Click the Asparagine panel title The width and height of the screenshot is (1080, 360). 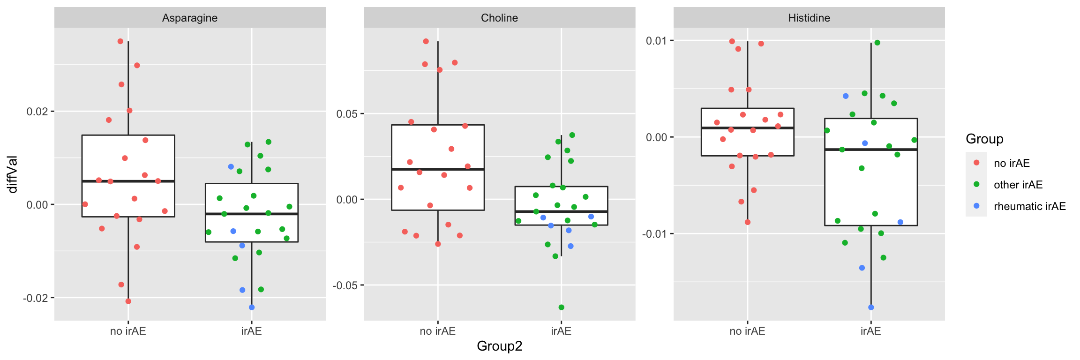[190, 18]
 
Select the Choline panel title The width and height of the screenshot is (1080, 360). [499, 18]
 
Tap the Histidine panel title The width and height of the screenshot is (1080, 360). [809, 18]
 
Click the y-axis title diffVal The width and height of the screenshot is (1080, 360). [13, 174]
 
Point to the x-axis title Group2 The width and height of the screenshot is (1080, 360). [499, 346]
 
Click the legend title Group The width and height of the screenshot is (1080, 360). [984, 139]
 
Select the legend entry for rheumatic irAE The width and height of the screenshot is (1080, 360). [1029, 206]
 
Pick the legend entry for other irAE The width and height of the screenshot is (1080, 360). [1018, 185]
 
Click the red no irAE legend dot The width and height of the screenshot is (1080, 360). [976, 163]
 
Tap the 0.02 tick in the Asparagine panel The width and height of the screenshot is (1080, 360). [37, 112]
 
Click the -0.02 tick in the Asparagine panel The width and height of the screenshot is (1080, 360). [36, 298]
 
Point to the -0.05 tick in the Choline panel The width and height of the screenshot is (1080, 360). [345, 285]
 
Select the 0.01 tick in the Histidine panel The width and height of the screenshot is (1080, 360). [656, 41]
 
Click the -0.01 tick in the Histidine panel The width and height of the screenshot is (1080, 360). [655, 234]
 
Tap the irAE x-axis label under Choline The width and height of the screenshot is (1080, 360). [561, 331]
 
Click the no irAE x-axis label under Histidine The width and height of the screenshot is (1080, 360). [747, 331]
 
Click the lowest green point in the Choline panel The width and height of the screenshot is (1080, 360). [561, 307]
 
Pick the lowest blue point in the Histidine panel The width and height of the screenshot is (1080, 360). [871, 307]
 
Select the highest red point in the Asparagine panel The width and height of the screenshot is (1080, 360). [120, 41]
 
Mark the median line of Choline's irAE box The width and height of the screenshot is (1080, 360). [561, 211]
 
